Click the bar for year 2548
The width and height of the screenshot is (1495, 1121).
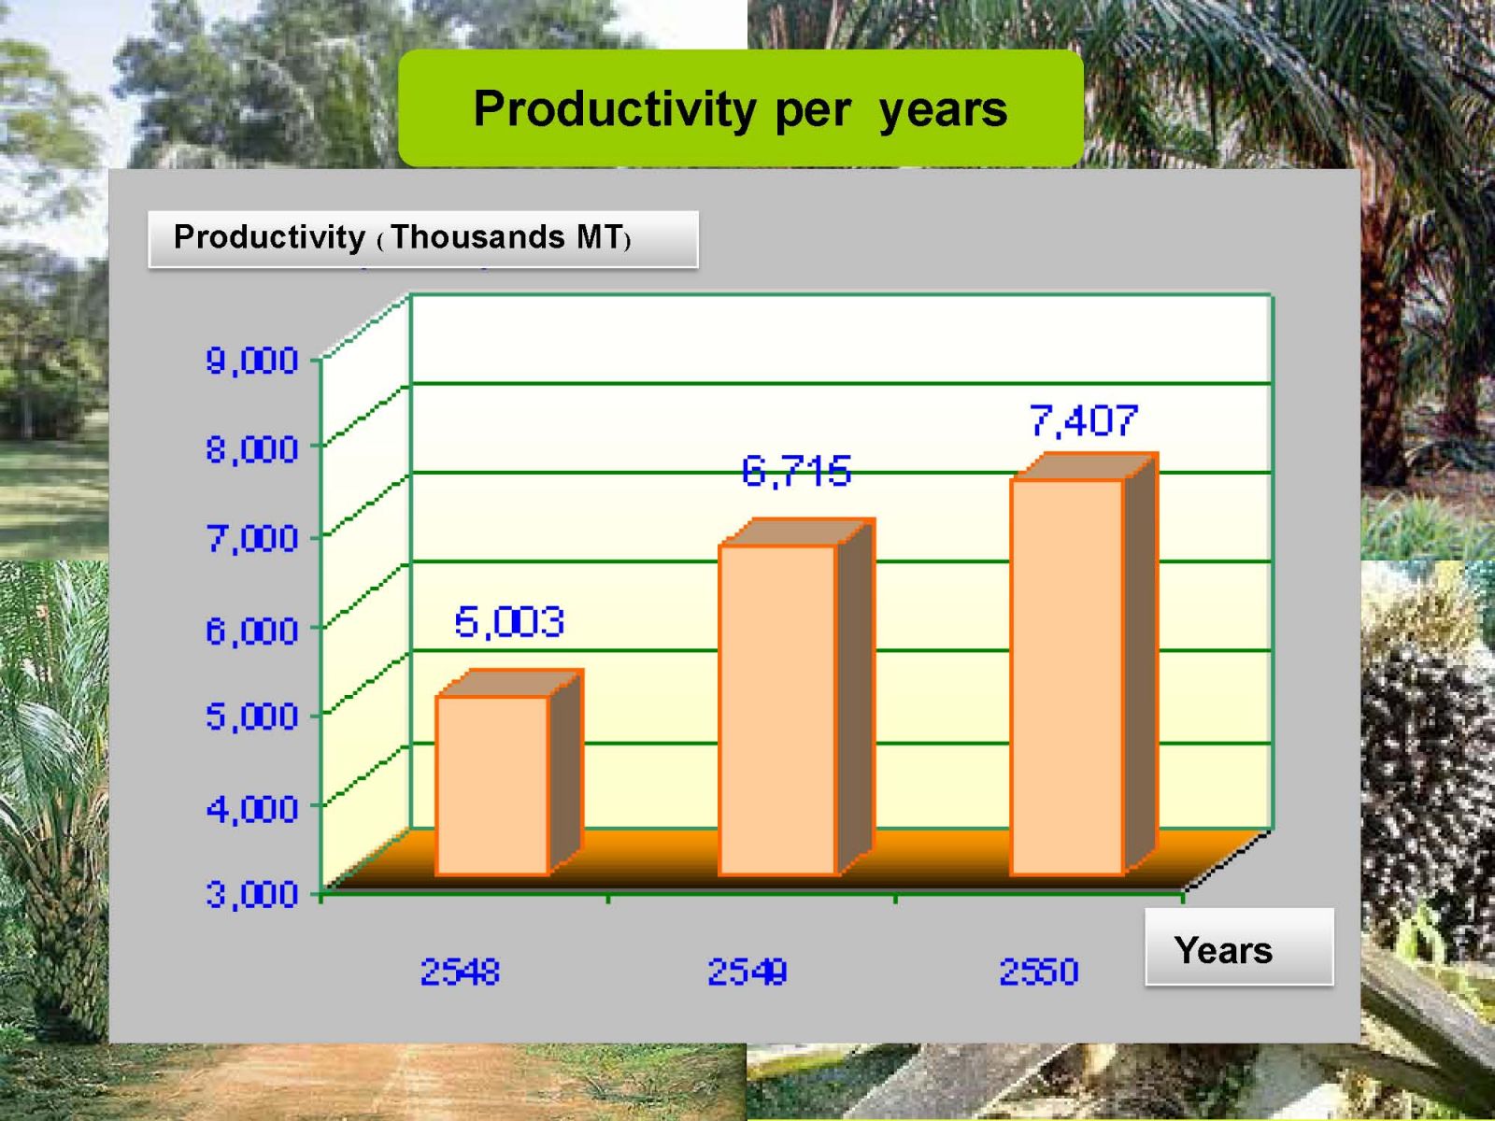tap(507, 773)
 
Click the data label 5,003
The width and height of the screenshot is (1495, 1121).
tap(509, 622)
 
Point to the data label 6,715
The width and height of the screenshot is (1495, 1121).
tap(795, 471)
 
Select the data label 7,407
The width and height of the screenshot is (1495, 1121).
tap(1083, 419)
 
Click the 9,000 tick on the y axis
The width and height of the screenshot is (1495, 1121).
tap(252, 361)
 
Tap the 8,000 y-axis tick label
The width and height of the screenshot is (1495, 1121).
tap(252, 450)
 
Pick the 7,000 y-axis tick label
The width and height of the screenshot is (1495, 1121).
tap(252, 539)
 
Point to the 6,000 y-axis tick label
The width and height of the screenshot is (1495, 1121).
tap(252, 631)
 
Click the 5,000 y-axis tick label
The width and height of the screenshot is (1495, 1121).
tap(252, 717)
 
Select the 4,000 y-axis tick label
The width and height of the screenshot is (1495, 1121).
tap(252, 809)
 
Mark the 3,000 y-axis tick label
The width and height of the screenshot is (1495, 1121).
tap(252, 894)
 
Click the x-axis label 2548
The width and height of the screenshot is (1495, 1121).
tap(461, 972)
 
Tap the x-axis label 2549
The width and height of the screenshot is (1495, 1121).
tap(747, 972)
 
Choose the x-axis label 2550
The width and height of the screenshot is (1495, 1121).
tap(1039, 972)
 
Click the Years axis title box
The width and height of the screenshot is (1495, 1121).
tap(1239, 946)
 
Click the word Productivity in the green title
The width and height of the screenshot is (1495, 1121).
tap(615, 109)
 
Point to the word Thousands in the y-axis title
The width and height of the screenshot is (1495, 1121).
tap(477, 237)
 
